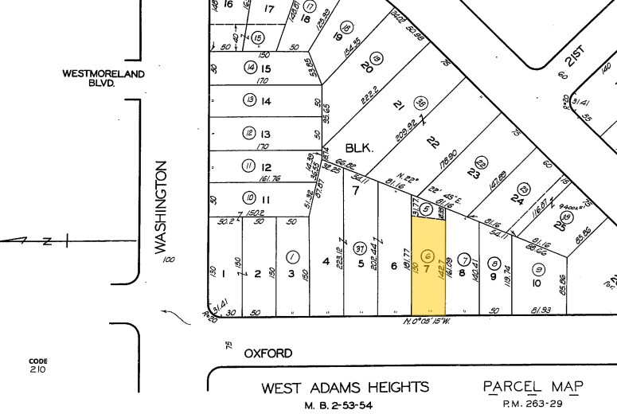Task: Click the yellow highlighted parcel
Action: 428,268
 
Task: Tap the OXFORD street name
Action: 268,353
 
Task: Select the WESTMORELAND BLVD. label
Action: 103,77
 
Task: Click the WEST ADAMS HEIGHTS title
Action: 345,388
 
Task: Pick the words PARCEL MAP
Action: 533,387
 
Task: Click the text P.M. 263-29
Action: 532,404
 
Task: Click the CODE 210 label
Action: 38,365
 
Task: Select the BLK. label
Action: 358,148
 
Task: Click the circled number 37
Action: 360,247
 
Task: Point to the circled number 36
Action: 422,103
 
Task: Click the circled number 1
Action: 293,256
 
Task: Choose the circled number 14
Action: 250,68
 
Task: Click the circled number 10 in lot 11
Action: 249,197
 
